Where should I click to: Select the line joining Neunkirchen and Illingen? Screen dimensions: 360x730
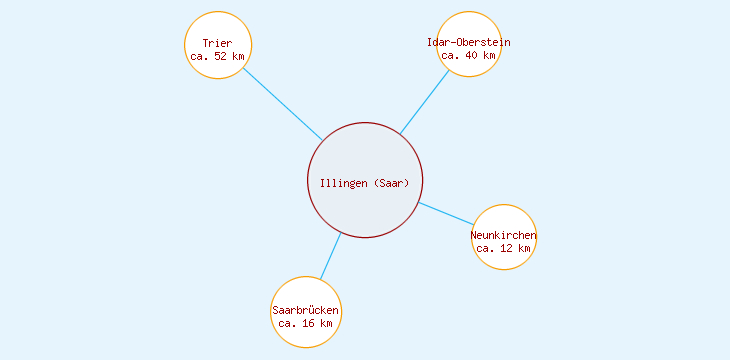coord(446,214)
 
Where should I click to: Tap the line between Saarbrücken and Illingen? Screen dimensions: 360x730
coord(330,256)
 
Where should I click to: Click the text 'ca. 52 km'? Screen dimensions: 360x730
coord(217,56)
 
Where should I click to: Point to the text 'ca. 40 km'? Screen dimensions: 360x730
coord(468,55)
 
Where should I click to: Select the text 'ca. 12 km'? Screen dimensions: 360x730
coord(503,248)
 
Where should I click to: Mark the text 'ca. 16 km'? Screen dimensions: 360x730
coord(306,323)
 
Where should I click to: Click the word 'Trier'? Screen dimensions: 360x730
coord(217,43)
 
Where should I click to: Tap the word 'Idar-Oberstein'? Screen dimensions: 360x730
coord(468,42)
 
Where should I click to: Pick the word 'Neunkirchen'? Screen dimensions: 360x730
coord(503,236)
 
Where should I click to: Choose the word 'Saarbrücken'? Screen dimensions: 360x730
coord(306,311)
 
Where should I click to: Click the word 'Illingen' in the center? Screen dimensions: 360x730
coord(343,182)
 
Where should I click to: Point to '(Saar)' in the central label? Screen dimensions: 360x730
coord(392,182)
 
